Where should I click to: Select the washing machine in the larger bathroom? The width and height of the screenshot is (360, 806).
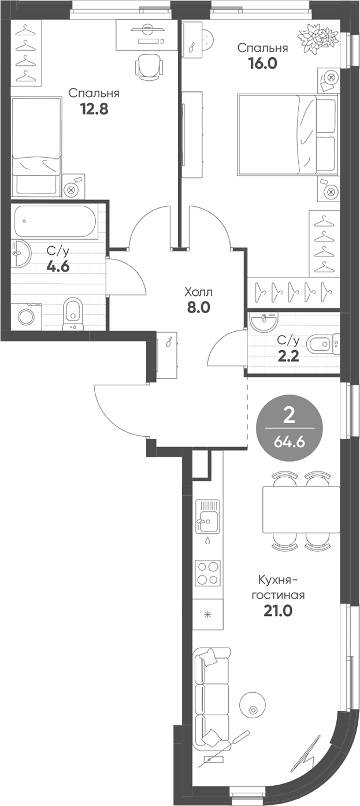(x=27, y=316)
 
